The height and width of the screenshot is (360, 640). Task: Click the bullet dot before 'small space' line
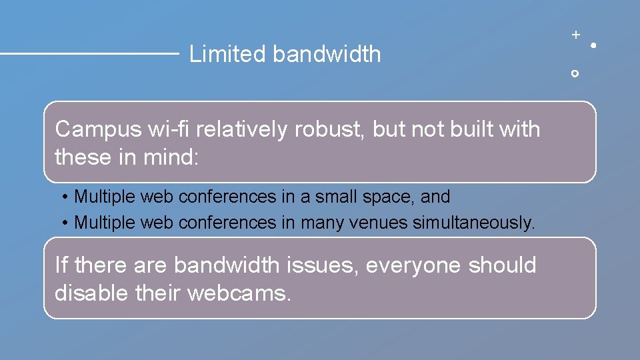point(65,197)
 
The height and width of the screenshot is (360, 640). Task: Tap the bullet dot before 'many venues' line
point(65,223)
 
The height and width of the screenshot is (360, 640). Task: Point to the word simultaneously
point(473,222)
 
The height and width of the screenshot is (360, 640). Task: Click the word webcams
point(240,292)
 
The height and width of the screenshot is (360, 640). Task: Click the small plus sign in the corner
point(575,33)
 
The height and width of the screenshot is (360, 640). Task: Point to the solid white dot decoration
point(593,45)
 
